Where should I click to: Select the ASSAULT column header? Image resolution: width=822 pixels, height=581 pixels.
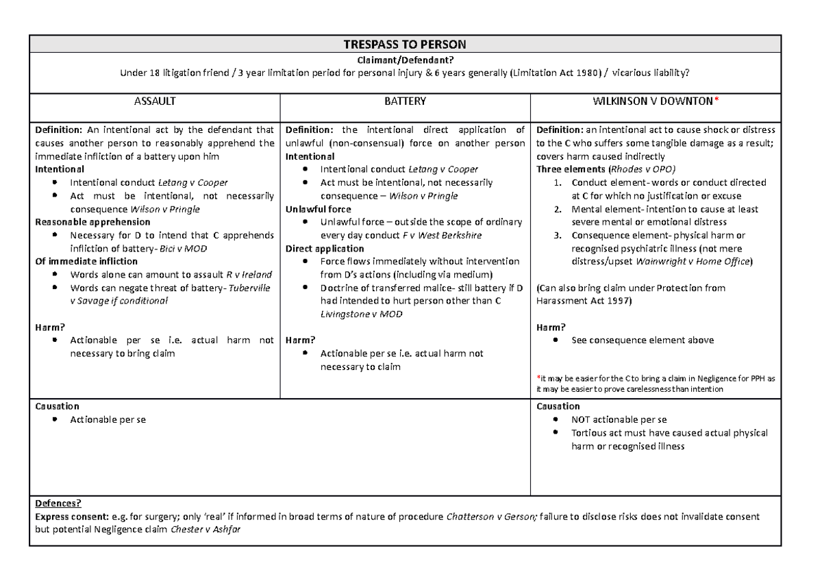155,101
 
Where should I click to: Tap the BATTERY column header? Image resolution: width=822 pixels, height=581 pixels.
405,101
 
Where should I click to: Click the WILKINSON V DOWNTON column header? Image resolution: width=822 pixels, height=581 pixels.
655,101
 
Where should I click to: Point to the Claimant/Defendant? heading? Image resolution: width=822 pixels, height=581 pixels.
406,61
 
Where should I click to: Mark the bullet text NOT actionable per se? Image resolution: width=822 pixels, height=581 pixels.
619,419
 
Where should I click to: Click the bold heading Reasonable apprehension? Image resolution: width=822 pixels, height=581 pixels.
83,222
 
